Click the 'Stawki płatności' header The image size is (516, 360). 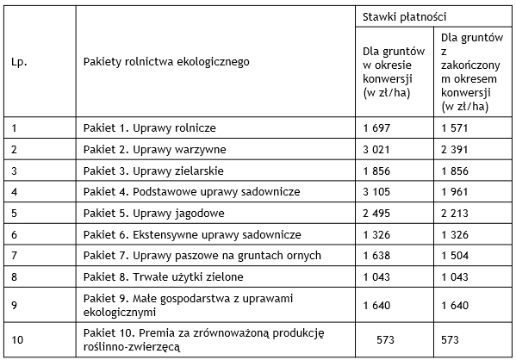(x=403, y=16)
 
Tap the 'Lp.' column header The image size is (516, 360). (x=19, y=62)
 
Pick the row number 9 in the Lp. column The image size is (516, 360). (x=15, y=303)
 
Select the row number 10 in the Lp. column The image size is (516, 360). (x=17, y=339)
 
